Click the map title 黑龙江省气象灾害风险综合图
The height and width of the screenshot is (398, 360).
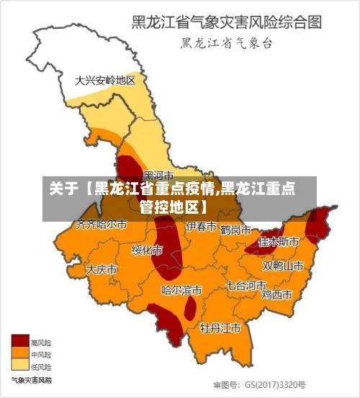(225, 22)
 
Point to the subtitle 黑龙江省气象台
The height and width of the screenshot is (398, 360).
(226, 43)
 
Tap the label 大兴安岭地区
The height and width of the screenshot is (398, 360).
(105, 81)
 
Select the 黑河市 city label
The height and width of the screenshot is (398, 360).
(158, 175)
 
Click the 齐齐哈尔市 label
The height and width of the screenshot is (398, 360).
(102, 225)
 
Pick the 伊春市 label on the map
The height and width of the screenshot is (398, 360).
(201, 227)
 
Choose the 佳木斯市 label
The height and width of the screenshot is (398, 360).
(279, 242)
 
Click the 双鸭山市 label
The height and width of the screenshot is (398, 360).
(282, 266)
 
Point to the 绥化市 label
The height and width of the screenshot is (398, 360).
(147, 250)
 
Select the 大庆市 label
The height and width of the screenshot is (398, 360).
(102, 269)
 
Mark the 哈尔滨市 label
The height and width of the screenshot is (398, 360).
(181, 291)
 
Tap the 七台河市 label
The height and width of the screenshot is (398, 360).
(246, 285)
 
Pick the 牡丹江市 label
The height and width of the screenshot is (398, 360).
(220, 328)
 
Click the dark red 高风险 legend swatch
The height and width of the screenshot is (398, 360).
(19, 342)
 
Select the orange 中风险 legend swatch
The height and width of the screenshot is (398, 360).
(19, 353)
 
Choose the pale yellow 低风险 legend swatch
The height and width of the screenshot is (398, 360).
(19, 365)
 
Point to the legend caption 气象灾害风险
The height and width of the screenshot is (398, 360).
(31, 379)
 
